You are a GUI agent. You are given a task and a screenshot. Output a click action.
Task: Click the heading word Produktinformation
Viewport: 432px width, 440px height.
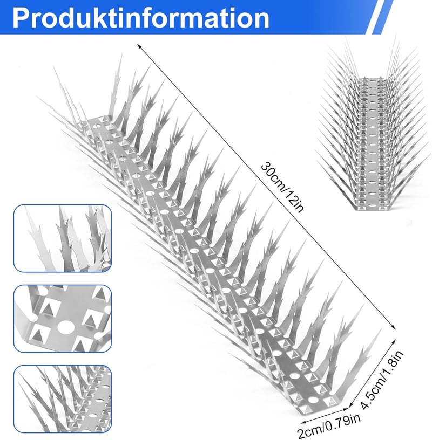pos(141,18)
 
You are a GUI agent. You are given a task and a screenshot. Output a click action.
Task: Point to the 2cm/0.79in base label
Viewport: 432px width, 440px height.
pos(329,426)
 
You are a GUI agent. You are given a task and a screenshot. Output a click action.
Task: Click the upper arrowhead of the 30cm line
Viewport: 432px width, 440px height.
pos(139,45)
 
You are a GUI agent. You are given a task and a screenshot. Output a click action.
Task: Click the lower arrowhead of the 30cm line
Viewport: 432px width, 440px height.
pos(394,327)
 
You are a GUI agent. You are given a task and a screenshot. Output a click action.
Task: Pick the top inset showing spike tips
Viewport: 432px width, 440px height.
pos(63,238)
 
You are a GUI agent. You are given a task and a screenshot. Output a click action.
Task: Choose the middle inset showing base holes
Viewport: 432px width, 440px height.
pos(63,319)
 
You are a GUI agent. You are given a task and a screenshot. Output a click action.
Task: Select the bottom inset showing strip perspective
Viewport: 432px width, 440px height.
pos(63,399)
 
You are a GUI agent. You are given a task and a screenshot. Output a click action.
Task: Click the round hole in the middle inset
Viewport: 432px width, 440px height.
pos(65,327)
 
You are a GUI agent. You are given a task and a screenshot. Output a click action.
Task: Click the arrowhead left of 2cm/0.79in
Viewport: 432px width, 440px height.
pos(302,422)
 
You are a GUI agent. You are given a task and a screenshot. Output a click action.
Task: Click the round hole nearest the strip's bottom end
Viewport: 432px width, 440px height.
pos(312,400)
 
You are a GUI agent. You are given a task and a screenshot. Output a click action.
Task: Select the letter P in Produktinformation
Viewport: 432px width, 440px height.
pos(22,18)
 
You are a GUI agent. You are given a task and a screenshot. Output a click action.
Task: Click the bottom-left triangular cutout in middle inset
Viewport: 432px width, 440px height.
pos(37,333)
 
